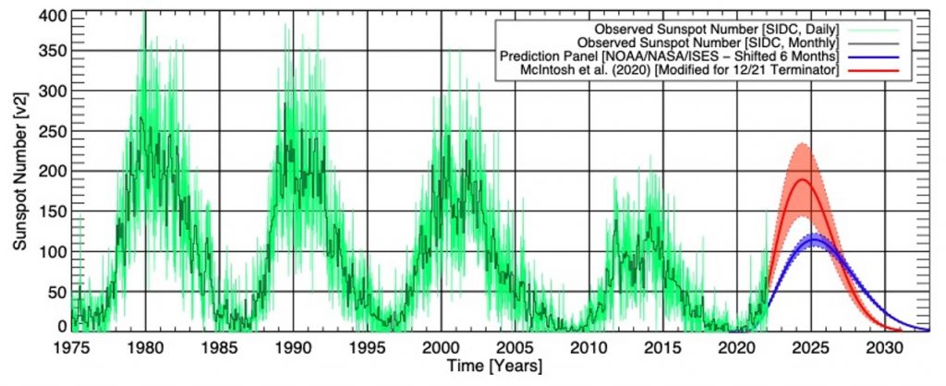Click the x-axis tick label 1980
[145, 348]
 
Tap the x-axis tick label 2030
[884, 348]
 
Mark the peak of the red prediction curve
[802, 179]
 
